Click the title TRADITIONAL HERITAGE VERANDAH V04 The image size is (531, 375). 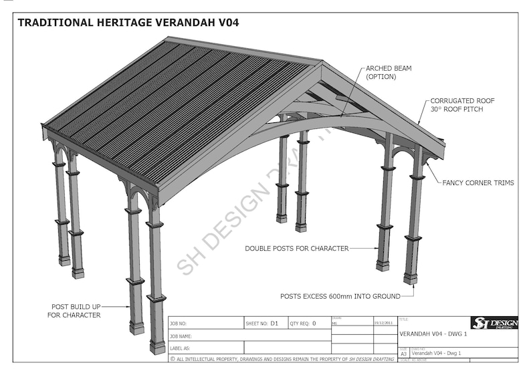(x=128, y=22)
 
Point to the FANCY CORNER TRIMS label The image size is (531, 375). (x=478, y=183)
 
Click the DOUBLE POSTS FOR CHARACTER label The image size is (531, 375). (x=296, y=249)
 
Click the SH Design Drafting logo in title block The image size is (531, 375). (x=494, y=324)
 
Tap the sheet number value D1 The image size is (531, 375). (x=274, y=324)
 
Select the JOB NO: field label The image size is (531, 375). (x=183, y=324)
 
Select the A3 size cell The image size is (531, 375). (x=403, y=354)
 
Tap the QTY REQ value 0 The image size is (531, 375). (x=314, y=324)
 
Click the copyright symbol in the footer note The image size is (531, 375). (x=173, y=359)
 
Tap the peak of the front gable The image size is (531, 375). (x=322, y=64)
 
